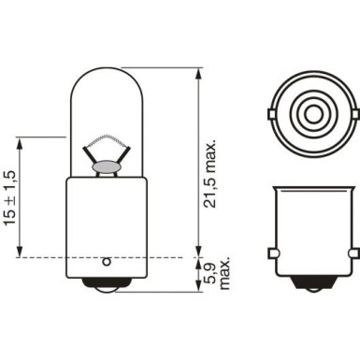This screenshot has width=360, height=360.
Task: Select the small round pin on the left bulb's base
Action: [x=109, y=262]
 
